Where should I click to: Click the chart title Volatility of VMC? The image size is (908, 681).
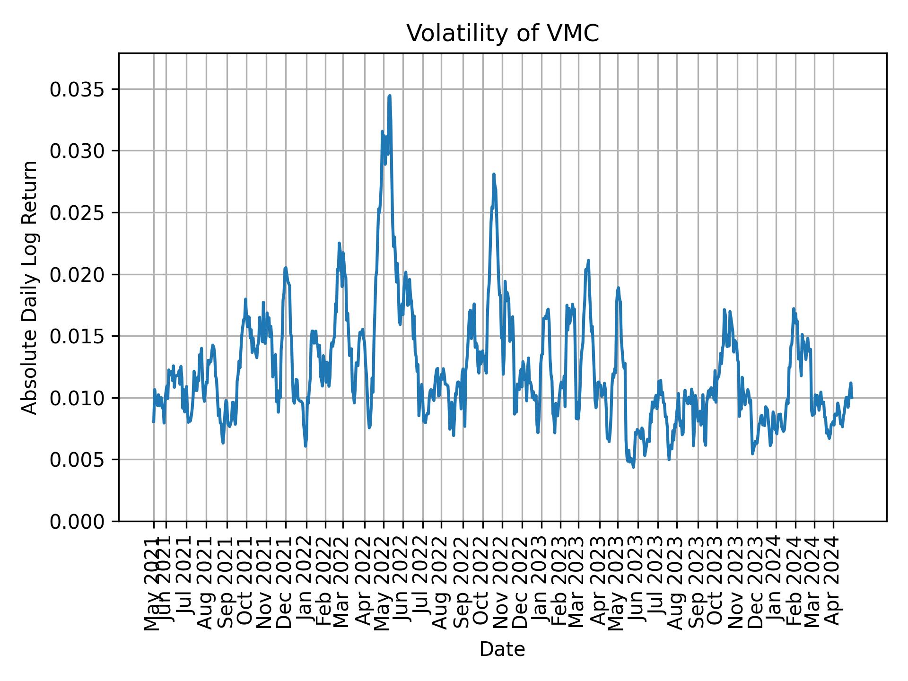pyautogui.click(x=502, y=34)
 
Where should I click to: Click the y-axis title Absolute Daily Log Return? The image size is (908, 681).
pyautogui.click(x=30, y=287)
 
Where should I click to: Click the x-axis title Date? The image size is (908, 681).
pyautogui.click(x=502, y=649)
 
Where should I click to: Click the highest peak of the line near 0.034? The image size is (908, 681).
pyautogui.click(x=389, y=96)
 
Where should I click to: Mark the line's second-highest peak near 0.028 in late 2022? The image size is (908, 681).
pyautogui.click(x=493, y=175)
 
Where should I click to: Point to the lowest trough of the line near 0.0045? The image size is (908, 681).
pyautogui.click(x=633, y=467)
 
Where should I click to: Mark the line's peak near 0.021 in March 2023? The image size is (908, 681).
pyautogui.click(x=588, y=261)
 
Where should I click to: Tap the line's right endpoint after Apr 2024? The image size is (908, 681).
pyautogui.click(x=852, y=398)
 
